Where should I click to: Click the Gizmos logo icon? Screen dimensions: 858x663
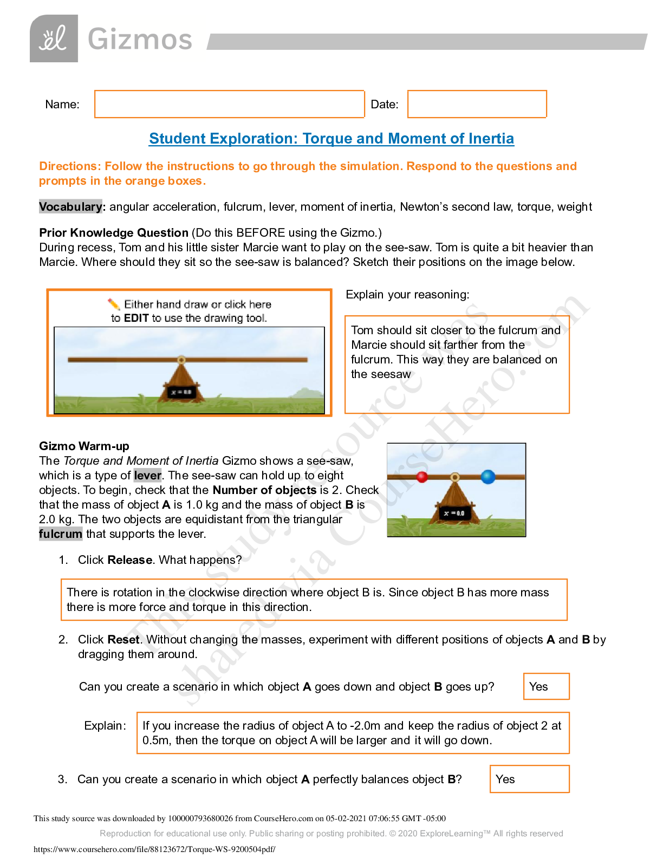click(x=54, y=38)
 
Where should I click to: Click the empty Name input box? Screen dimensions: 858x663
click(x=229, y=104)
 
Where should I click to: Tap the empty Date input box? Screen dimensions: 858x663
click(x=477, y=104)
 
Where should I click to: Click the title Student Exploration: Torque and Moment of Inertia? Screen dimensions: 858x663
click(x=331, y=139)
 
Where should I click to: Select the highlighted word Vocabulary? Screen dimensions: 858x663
click(x=70, y=207)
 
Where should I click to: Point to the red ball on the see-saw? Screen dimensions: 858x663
click(x=422, y=477)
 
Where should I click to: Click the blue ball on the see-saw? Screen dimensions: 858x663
click(x=488, y=477)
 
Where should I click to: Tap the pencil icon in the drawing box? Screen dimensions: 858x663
click(x=114, y=304)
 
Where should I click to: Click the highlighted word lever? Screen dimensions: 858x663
click(x=147, y=476)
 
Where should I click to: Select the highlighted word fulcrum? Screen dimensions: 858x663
click(x=61, y=534)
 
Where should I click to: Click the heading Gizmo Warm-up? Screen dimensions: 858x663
click(x=84, y=446)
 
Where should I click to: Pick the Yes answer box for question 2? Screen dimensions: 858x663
click(x=546, y=686)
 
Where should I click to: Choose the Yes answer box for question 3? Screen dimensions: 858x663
click(x=529, y=779)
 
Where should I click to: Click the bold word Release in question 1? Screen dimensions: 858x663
click(x=130, y=560)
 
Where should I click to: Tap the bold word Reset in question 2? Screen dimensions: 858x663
click(x=123, y=640)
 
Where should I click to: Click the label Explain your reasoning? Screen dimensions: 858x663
click(x=407, y=295)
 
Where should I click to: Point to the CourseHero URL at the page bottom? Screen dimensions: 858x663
click(x=154, y=849)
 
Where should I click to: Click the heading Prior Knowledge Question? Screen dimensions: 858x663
click(x=114, y=233)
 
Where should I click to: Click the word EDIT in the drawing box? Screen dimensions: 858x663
click(x=136, y=318)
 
